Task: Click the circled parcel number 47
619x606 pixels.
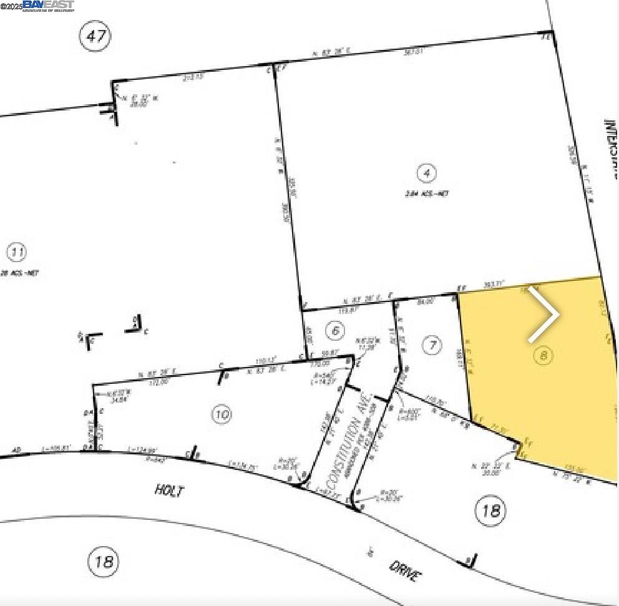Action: pyautogui.click(x=95, y=36)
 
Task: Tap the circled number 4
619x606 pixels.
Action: pyautogui.click(x=426, y=173)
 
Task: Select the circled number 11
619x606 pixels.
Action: pyautogui.click(x=17, y=253)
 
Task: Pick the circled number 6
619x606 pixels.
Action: pyautogui.click(x=336, y=330)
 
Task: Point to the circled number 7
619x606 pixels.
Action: pyautogui.click(x=432, y=345)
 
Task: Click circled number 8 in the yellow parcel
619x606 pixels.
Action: pyautogui.click(x=544, y=355)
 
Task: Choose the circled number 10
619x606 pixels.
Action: pyautogui.click(x=222, y=414)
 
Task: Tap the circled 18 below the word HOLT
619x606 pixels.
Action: pyautogui.click(x=104, y=561)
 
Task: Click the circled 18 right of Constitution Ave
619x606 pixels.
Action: pyautogui.click(x=490, y=511)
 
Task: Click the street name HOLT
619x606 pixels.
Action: pyautogui.click(x=170, y=491)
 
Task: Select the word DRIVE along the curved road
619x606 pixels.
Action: pyautogui.click(x=403, y=570)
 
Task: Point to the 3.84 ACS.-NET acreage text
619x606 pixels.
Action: pyautogui.click(x=426, y=193)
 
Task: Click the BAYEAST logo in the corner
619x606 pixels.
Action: pyautogui.click(x=48, y=6)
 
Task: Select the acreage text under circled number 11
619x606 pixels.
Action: pyautogui.click(x=19, y=273)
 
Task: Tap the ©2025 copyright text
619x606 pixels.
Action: pyautogui.click(x=11, y=6)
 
